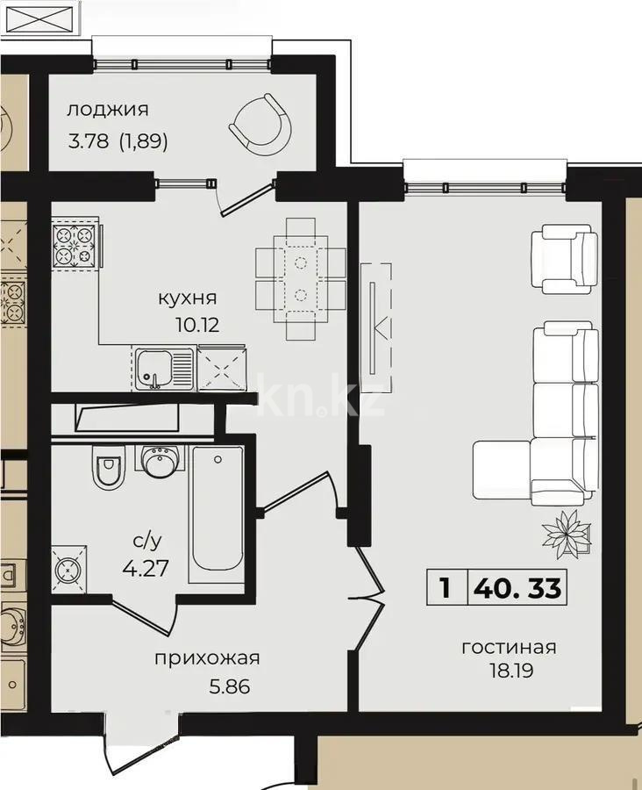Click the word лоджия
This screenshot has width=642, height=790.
[108, 110]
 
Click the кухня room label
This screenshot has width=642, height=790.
[187, 298]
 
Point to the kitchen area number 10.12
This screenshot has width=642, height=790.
[196, 324]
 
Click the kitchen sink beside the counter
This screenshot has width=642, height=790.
[163, 367]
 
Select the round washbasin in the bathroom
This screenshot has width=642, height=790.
[160, 462]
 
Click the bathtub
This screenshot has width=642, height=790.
[218, 509]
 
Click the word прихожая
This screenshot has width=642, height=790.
[207, 657]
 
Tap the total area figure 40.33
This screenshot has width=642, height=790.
[517, 587]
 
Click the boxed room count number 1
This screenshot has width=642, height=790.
[446, 587]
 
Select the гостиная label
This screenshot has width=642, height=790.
[509, 648]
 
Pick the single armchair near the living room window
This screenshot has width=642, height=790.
[564, 259]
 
